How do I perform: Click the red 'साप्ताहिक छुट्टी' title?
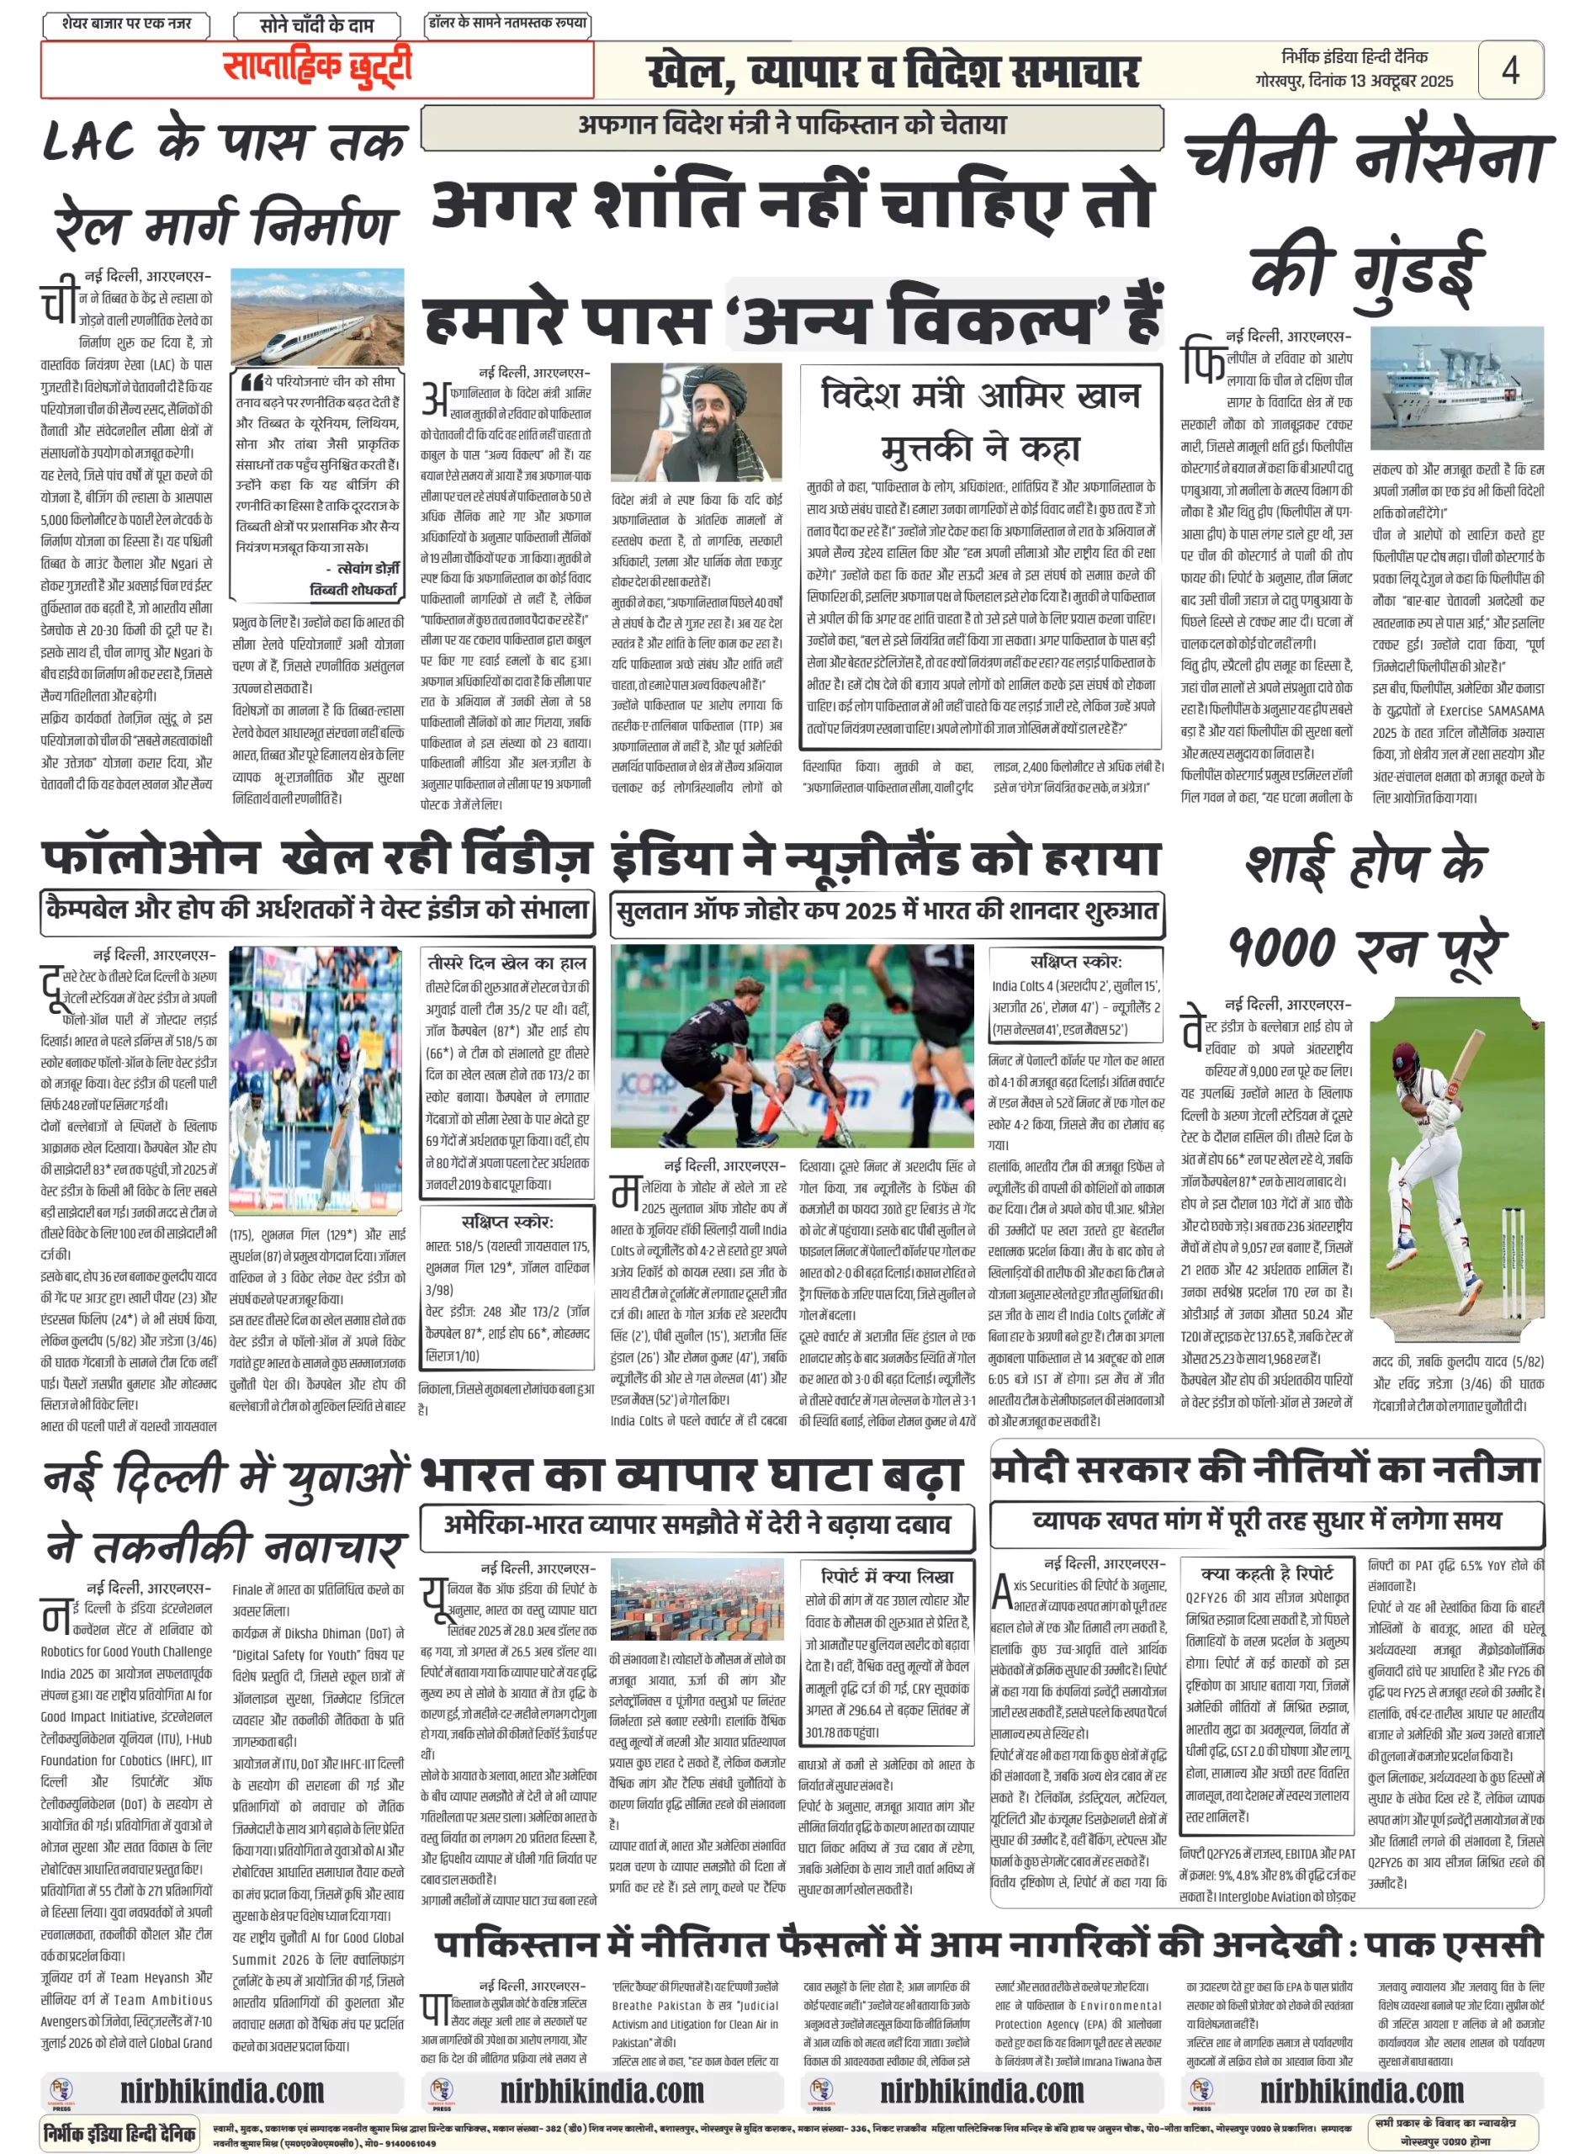316,67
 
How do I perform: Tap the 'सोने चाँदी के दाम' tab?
316,25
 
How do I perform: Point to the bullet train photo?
316,316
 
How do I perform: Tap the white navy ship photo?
1456,388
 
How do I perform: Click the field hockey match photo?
792,1045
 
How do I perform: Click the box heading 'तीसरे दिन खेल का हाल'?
507,963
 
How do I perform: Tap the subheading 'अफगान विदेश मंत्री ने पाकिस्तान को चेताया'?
792,125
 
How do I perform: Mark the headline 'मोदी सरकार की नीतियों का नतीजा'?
1265,1469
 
